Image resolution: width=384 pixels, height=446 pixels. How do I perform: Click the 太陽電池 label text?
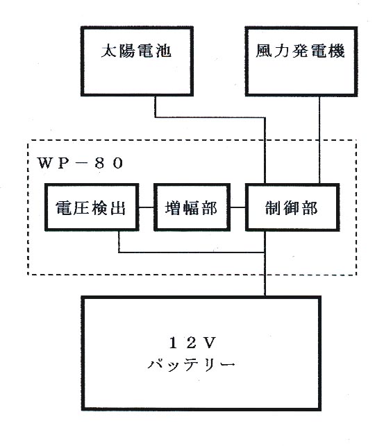tap(136, 51)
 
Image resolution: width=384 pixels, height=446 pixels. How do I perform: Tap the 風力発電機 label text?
tap(300, 51)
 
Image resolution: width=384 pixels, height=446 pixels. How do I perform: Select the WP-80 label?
tap(81, 163)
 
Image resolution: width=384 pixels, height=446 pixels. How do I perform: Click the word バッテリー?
tap(191, 365)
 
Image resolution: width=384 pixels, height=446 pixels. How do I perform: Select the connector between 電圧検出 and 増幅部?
tap(147, 207)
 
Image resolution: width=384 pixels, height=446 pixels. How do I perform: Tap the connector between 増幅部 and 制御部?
tap(237, 207)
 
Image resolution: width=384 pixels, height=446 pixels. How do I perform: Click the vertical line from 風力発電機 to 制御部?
tap(319, 139)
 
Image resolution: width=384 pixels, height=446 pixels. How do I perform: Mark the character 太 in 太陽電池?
tap(110, 51)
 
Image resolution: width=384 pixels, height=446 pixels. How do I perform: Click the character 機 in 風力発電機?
tap(337, 51)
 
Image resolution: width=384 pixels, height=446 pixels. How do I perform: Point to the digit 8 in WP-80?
tap(99, 163)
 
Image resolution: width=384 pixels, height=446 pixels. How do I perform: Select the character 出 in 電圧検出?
tap(118, 207)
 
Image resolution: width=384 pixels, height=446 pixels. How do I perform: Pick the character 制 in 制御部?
tap(274, 207)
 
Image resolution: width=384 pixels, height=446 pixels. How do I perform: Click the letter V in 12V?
tap(210, 343)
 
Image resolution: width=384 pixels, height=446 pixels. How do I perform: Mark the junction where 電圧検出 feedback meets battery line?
tap(265, 252)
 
